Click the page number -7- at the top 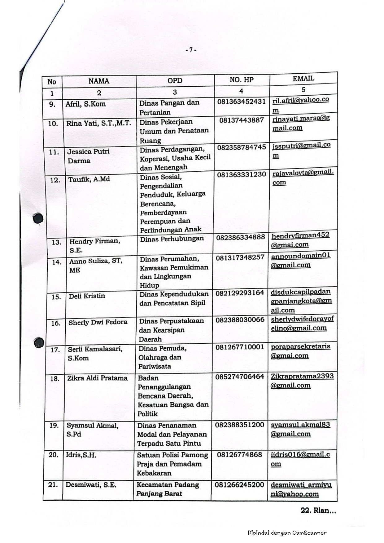pyautogui.click(x=191, y=50)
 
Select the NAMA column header pyautogui.click(x=99, y=81)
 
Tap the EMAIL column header pyautogui.click(x=303, y=79)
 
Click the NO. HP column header pyautogui.click(x=242, y=80)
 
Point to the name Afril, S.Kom pyautogui.click(x=85, y=104)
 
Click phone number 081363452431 pyautogui.click(x=241, y=101)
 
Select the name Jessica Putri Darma pyautogui.click(x=88, y=156)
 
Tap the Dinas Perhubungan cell pyautogui.click(x=172, y=239)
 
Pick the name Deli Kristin pyautogui.click(x=87, y=296)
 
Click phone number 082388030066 pyautogui.click(x=240, y=320)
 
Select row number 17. pyautogui.click(x=55, y=350)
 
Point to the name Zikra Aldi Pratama pyautogui.click(x=97, y=378)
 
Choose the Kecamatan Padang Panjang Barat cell pyautogui.click(x=168, y=489)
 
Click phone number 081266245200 pyautogui.click(x=239, y=485)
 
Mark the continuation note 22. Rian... pyautogui.click(x=318, y=511)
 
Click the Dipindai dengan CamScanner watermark pyautogui.click(x=287, y=533)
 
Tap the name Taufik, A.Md pyautogui.click(x=89, y=179)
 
